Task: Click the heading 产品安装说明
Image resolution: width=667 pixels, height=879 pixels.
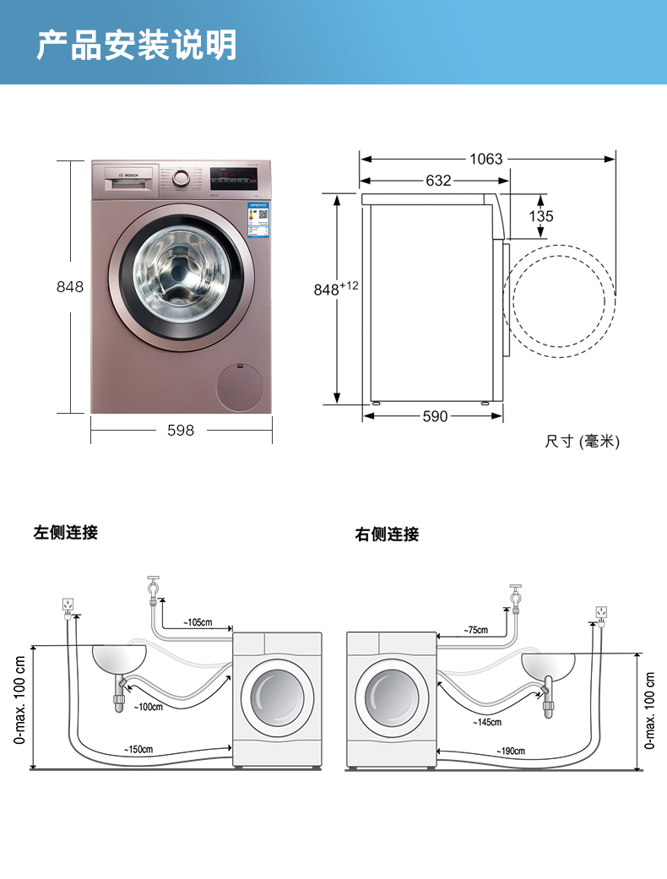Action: click(x=136, y=45)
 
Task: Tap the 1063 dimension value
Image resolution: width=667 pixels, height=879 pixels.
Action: click(x=486, y=159)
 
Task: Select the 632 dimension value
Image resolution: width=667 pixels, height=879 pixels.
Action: click(x=438, y=181)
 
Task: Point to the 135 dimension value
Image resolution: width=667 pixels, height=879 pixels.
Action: click(x=541, y=216)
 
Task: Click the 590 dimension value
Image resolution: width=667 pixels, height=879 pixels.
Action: click(x=435, y=416)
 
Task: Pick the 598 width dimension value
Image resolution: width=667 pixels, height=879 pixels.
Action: click(x=180, y=431)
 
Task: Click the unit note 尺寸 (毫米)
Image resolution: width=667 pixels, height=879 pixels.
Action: click(x=582, y=441)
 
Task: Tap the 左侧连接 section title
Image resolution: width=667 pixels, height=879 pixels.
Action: click(x=66, y=533)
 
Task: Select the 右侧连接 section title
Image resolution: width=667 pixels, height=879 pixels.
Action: click(x=387, y=534)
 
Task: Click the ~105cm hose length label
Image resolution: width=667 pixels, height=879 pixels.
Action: click(x=198, y=623)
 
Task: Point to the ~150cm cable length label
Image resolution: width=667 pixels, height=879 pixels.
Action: click(x=138, y=749)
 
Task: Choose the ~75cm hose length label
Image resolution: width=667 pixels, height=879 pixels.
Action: click(x=475, y=630)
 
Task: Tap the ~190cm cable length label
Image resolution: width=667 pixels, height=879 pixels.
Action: click(x=510, y=751)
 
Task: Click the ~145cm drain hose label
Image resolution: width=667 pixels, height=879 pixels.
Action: click(x=487, y=722)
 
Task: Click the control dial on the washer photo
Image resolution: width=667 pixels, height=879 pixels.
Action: click(x=180, y=178)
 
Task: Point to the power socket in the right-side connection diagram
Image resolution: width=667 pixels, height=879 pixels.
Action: click(x=601, y=611)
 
